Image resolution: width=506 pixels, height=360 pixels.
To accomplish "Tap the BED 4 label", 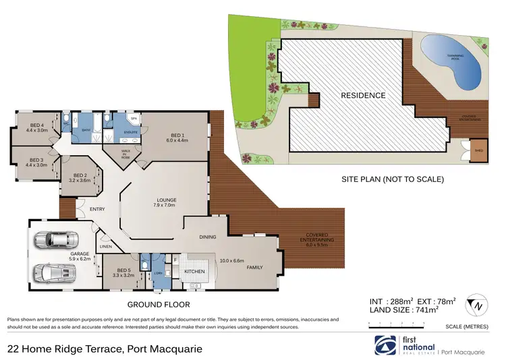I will (x=38, y=125).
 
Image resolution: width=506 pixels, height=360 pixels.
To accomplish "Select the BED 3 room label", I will (x=38, y=160).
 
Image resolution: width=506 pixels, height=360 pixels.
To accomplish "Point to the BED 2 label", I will (x=80, y=177).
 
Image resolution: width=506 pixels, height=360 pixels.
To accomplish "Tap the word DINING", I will (x=207, y=237).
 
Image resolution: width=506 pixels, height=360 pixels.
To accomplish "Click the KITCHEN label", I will (x=194, y=271).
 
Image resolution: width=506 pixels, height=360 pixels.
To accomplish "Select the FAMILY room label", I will (x=254, y=267).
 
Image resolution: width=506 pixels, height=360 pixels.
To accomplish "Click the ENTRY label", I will (x=97, y=209).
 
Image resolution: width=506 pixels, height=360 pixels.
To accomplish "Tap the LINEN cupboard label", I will (x=107, y=247).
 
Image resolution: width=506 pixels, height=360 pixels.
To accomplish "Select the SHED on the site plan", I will (x=480, y=150).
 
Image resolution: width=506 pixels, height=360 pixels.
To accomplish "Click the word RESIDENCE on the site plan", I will (x=363, y=95).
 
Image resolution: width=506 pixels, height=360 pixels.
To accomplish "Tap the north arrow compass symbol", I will (x=479, y=305).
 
